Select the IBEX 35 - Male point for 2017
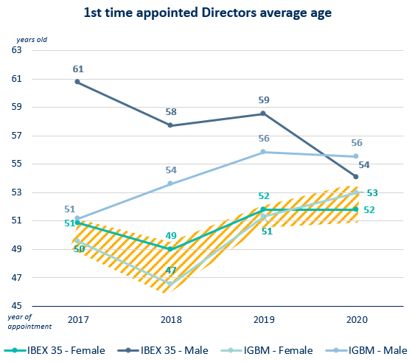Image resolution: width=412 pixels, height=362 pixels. click(77, 82)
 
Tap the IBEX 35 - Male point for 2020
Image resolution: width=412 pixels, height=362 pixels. click(356, 177)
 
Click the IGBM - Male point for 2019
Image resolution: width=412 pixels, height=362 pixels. click(263, 152)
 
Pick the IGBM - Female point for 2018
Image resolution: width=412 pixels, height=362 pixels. click(170, 283)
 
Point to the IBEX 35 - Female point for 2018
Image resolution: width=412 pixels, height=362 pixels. click(170, 249)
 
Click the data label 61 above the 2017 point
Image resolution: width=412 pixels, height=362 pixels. click(77, 69)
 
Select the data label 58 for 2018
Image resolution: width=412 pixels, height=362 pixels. click(170, 112)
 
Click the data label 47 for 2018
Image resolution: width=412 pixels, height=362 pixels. click(170, 271)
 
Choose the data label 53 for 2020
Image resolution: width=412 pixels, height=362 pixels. click(372, 193)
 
